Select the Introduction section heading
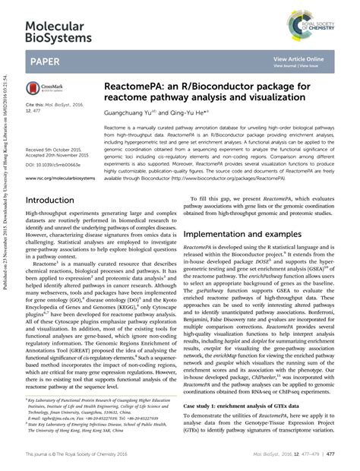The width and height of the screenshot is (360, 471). [x=56, y=201]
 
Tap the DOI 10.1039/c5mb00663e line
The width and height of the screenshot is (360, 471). [x=57, y=163]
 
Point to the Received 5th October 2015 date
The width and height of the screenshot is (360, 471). [x=59, y=150]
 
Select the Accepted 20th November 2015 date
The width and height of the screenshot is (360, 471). [x=62, y=156]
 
